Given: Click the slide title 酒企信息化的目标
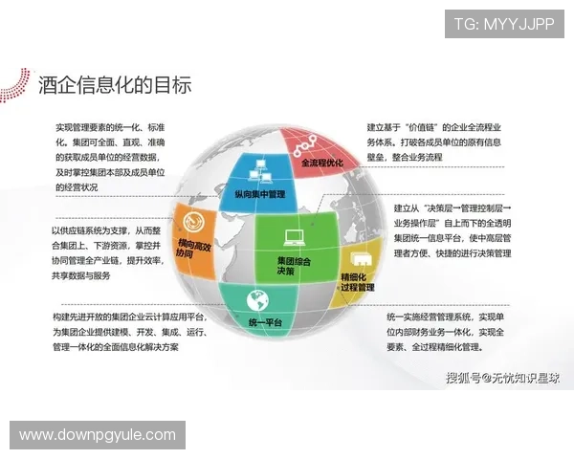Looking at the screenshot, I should tap(115, 85).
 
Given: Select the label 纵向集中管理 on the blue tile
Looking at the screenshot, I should tap(259, 194).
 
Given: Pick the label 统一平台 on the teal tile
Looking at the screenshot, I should tap(265, 323).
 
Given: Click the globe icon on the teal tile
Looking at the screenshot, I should tap(255, 297).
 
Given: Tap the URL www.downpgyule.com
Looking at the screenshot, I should tap(98, 435).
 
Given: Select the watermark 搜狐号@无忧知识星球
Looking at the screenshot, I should tap(503, 378).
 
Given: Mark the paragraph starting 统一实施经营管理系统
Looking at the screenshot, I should tap(446, 331).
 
